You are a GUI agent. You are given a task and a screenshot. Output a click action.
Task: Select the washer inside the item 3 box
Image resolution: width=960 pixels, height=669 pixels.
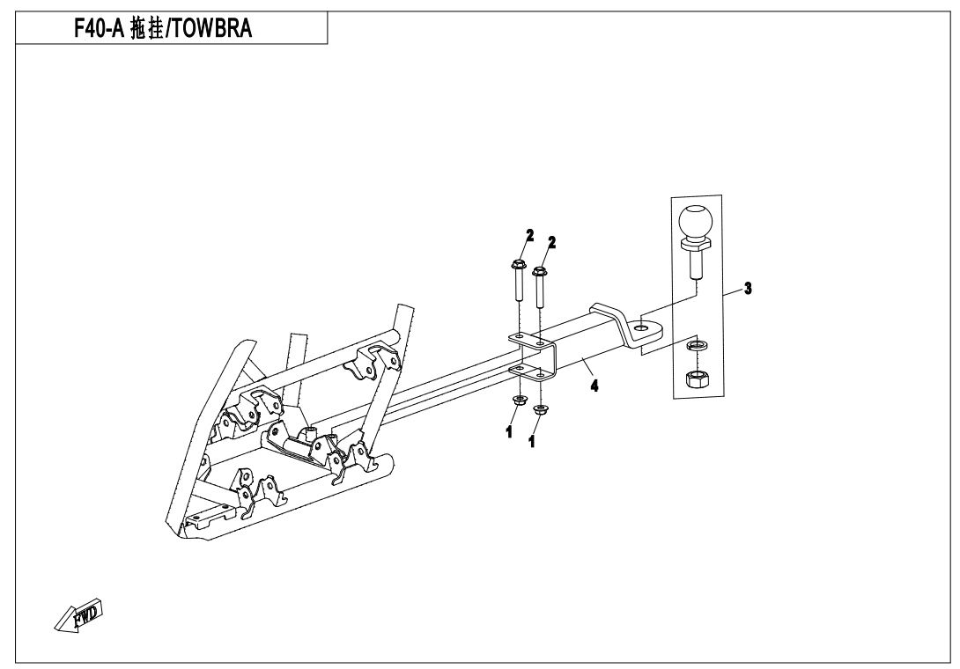point(696,347)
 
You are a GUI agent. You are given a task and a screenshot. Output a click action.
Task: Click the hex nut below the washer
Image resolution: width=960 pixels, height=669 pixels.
point(696,379)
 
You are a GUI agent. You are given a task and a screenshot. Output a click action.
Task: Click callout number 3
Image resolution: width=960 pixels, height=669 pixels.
point(748,288)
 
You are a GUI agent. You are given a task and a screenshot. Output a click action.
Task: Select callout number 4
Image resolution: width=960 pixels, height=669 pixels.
point(594,386)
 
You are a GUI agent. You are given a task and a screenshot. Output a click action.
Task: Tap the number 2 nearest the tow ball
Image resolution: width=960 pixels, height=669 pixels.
point(551,242)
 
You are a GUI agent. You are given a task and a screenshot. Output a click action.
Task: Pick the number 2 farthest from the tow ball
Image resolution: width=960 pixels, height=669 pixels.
point(529,235)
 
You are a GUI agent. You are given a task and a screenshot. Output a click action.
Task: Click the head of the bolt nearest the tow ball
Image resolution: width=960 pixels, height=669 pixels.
point(539,271)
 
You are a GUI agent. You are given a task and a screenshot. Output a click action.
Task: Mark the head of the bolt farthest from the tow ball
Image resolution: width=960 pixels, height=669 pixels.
point(517,265)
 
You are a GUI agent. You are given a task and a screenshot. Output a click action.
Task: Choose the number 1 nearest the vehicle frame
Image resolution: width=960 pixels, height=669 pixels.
point(509,431)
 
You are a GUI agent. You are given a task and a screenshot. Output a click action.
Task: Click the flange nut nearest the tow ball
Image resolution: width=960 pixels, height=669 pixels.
point(540,411)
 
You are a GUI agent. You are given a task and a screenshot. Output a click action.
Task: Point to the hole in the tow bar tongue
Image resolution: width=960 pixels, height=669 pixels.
point(640,328)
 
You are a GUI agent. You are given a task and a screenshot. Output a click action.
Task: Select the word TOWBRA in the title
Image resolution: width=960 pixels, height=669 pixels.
point(210,28)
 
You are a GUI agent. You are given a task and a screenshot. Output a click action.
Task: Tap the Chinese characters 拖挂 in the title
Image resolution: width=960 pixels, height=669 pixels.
point(147,28)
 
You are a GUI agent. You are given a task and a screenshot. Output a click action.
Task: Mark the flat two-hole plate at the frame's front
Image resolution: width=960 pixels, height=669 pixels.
point(206,516)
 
